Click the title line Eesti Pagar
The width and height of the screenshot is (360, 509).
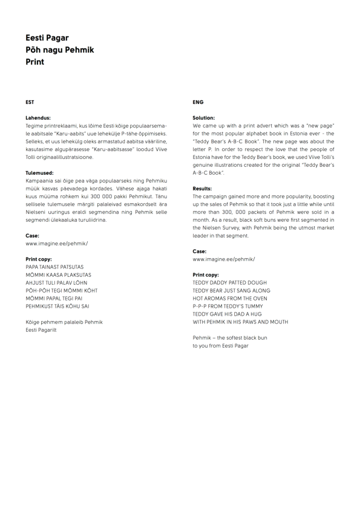pos(47,38)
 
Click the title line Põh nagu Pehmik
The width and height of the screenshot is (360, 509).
pos(60,50)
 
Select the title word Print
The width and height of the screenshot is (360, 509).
pos(35,62)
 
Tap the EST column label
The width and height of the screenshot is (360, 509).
pos(30,102)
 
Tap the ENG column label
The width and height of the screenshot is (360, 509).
pos(198,102)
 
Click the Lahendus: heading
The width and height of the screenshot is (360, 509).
pos(38,118)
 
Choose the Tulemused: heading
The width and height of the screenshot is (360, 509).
pos(40,173)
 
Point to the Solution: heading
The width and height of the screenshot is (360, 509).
pos(204,118)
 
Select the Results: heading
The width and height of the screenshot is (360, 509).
pos(202,189)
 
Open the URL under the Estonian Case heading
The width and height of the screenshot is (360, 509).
pos(56,244)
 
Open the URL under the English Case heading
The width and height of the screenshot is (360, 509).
pos(223,259)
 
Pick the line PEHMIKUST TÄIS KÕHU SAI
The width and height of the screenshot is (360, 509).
pos(57,306)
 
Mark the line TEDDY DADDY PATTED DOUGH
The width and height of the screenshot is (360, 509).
pos(229,283)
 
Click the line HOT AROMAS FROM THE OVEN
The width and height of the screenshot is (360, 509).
pos(229,299)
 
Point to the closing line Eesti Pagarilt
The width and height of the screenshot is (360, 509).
pos(41,330)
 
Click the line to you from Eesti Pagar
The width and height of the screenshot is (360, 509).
pos(220,346)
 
